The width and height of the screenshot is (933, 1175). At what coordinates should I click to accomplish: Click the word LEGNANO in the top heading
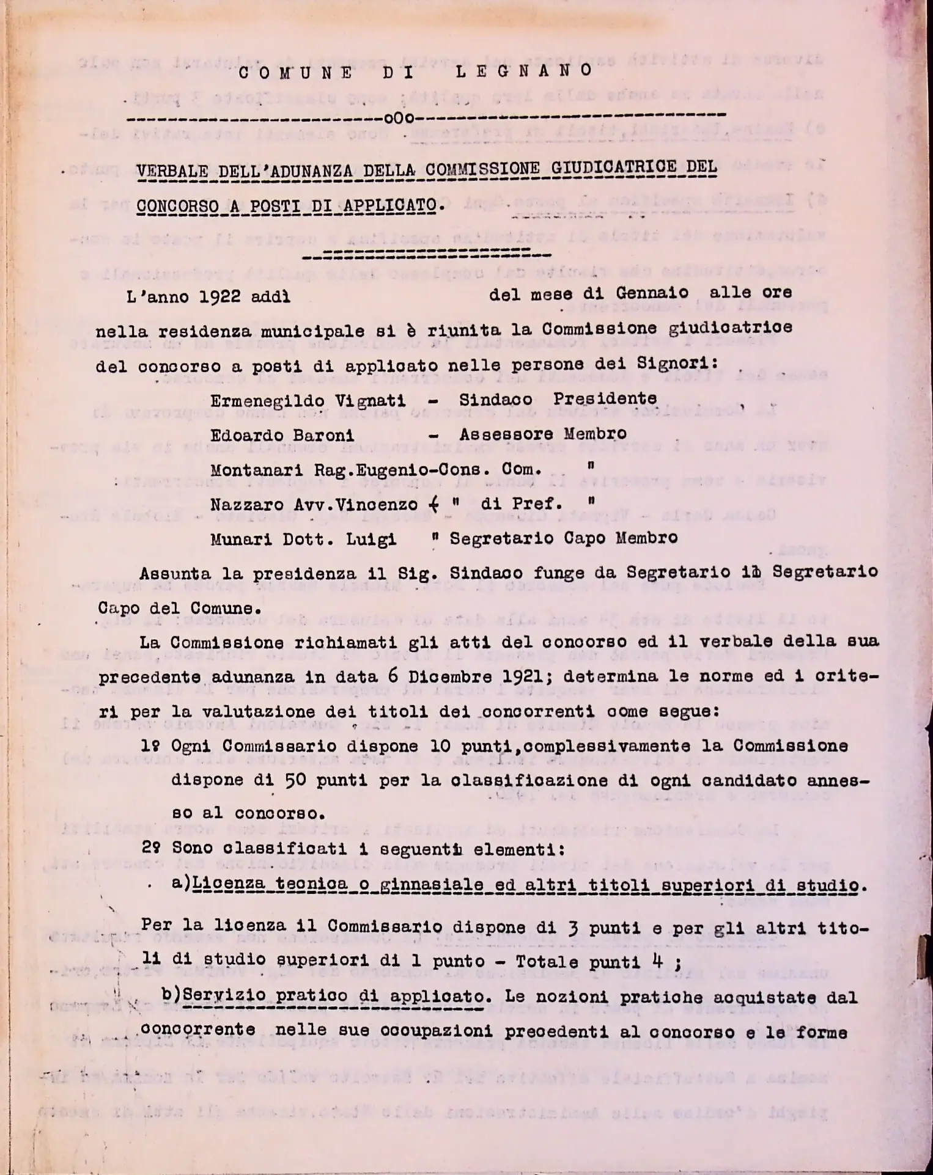click(524, 71)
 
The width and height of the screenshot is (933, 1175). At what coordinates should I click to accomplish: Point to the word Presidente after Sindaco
click(605, 398)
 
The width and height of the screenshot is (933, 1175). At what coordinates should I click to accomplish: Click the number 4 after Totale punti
click(657, 961)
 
